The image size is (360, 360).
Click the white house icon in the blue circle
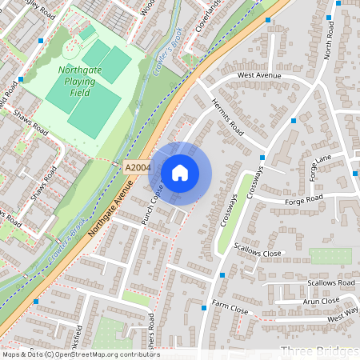[x=180, y=173]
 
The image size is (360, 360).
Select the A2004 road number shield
[x=138, y=167]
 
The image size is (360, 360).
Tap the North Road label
[x=327, y=50]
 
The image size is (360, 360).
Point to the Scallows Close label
[x=258, y=253]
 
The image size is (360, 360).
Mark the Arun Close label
[x=321, y=301]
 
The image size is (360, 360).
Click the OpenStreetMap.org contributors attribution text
[x=120, y=354]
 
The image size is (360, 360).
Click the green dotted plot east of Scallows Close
[x=330, y=256]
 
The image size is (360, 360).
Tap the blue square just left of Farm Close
[x=206, y=306]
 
